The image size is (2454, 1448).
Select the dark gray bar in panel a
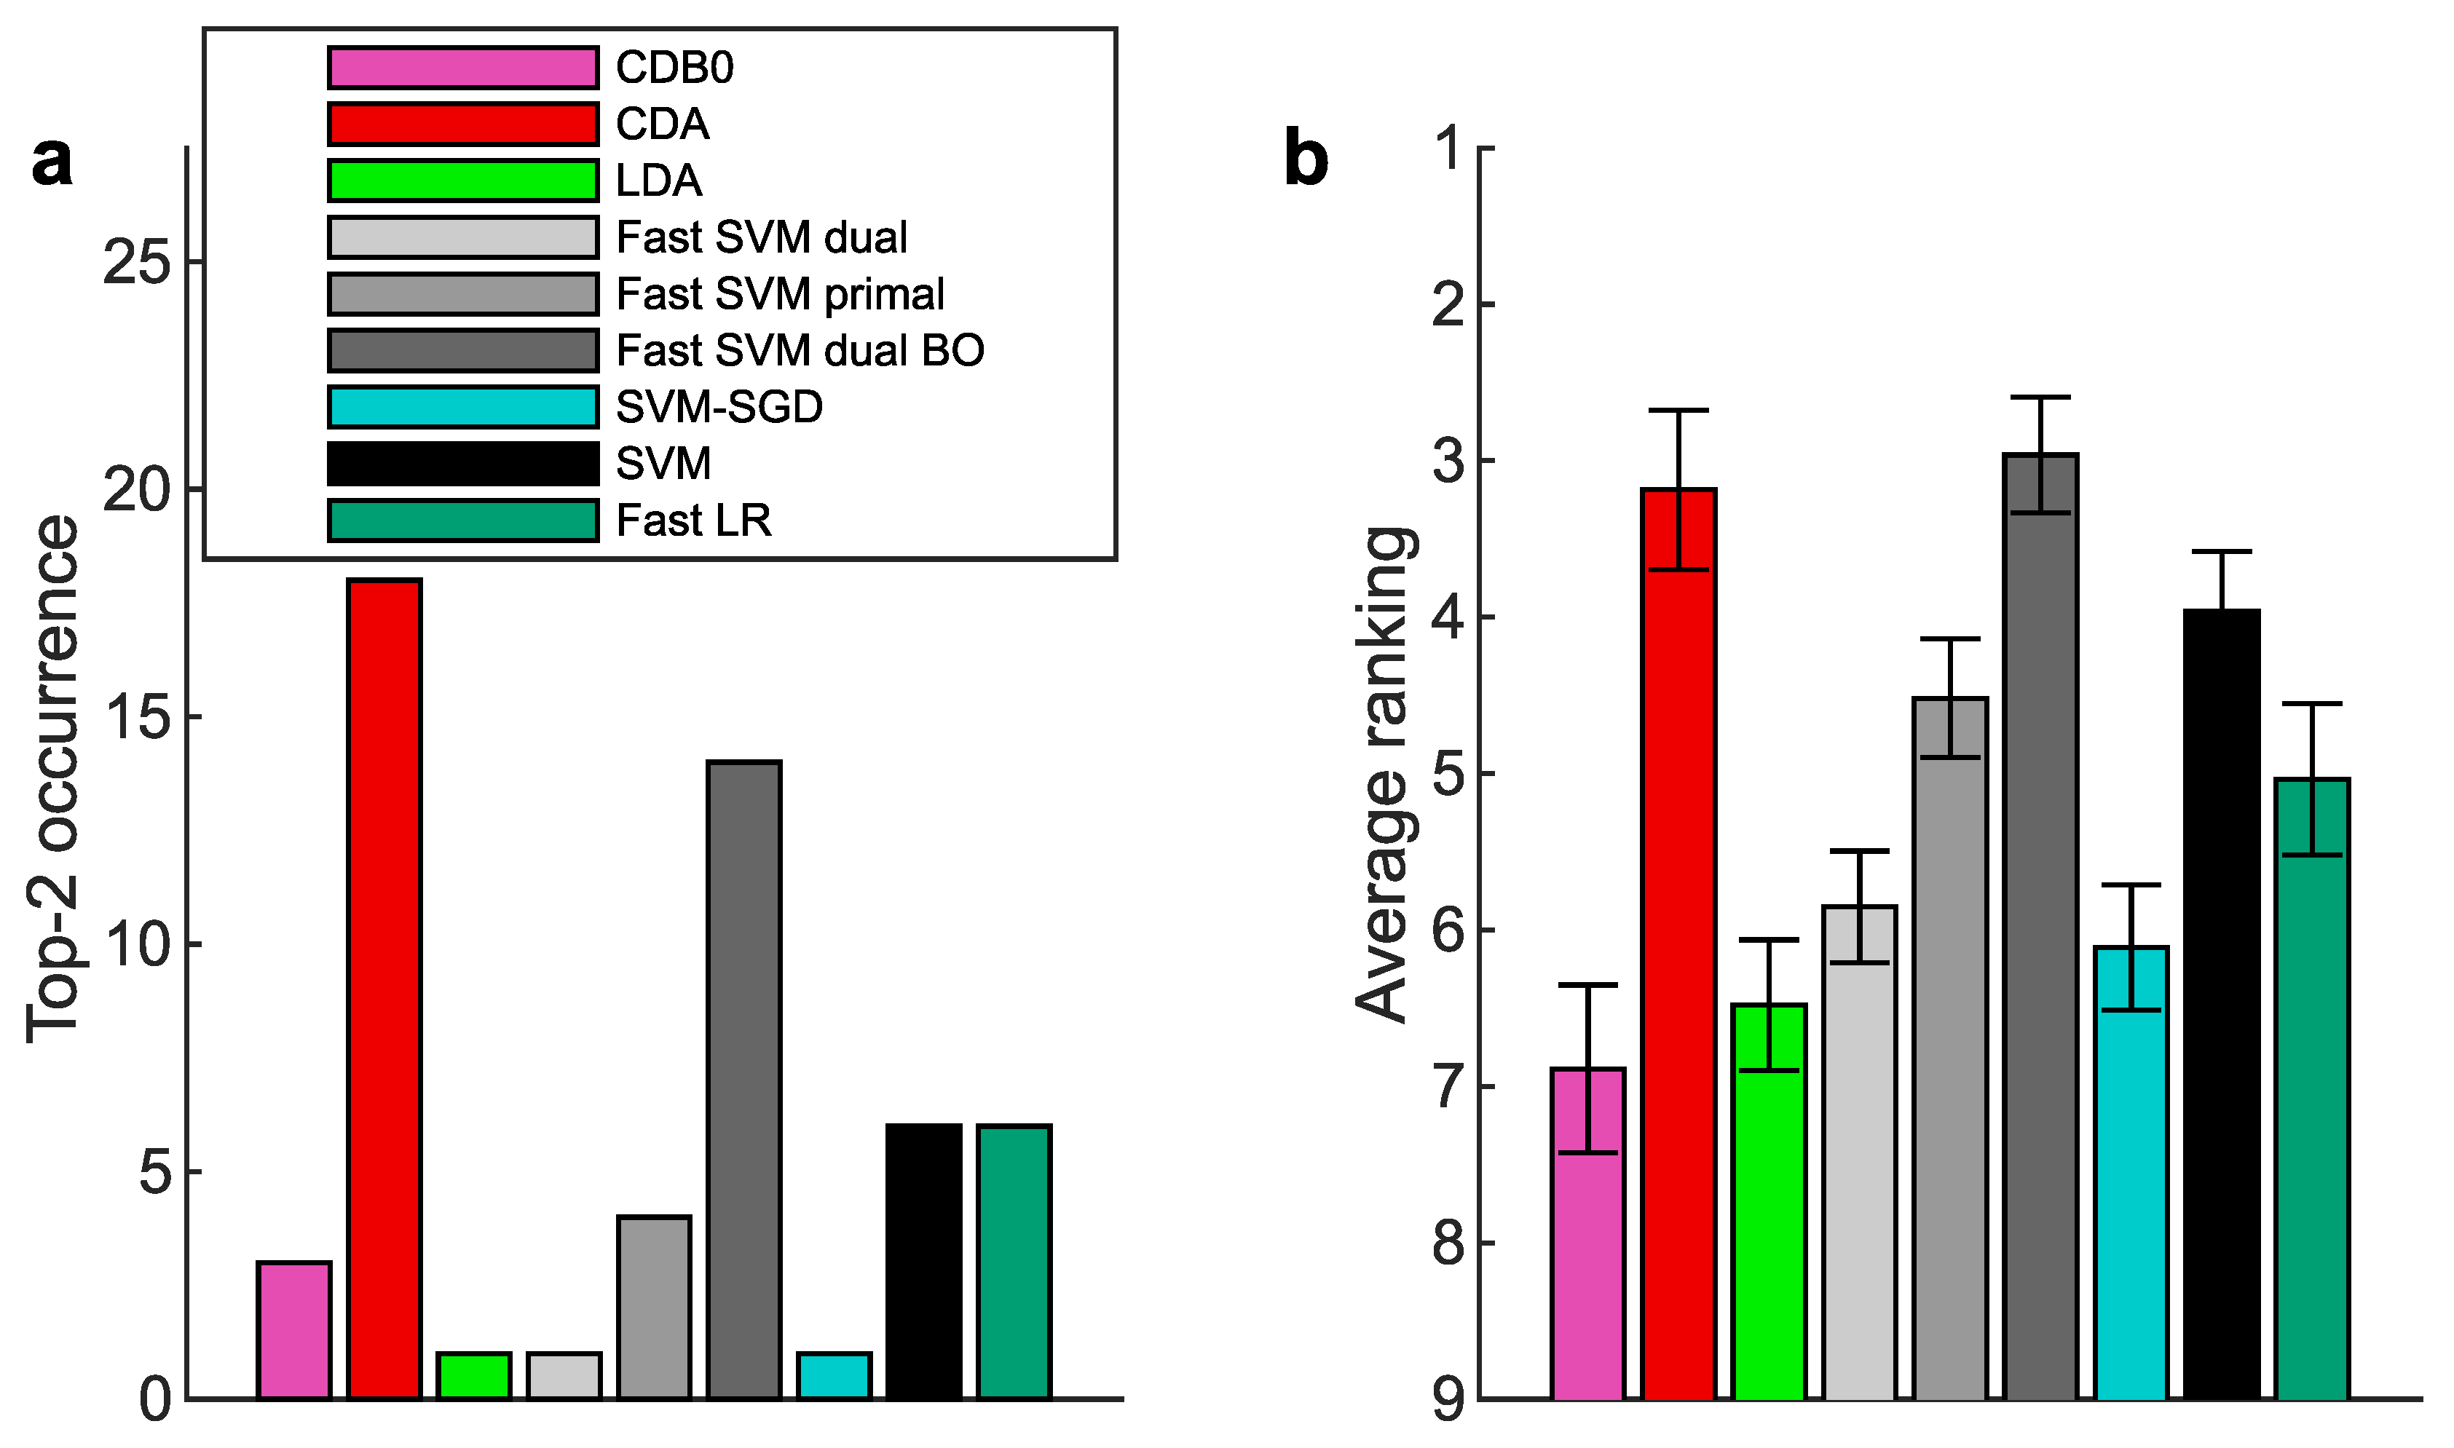click(x=743, y=1079)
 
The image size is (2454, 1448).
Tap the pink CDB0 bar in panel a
click(x=293, y=1330)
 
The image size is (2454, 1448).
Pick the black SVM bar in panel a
click(x=923, y=1262)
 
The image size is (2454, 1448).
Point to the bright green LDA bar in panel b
click(x=1769, y=1201)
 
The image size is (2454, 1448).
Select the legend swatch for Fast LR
click(x=462, y=520)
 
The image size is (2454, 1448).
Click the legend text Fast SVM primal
click(x=780, y=293)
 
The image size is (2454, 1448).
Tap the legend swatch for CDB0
click(x=462, y=67)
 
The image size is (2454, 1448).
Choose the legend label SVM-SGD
click(x=719, y=407)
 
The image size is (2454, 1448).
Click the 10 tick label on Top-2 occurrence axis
click(x=138, y=944)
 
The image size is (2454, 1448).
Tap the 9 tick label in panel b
click(x=1450, y=1399)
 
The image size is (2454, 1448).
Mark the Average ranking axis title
click(x=1384, y=776)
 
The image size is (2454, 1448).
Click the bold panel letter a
click(x=52, y=161)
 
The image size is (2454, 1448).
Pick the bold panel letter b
click(x=1306, y=158)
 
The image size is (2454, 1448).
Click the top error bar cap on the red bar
click(x=1678, y=411)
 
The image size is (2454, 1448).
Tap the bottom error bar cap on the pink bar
click(x=1587, y=1152)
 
